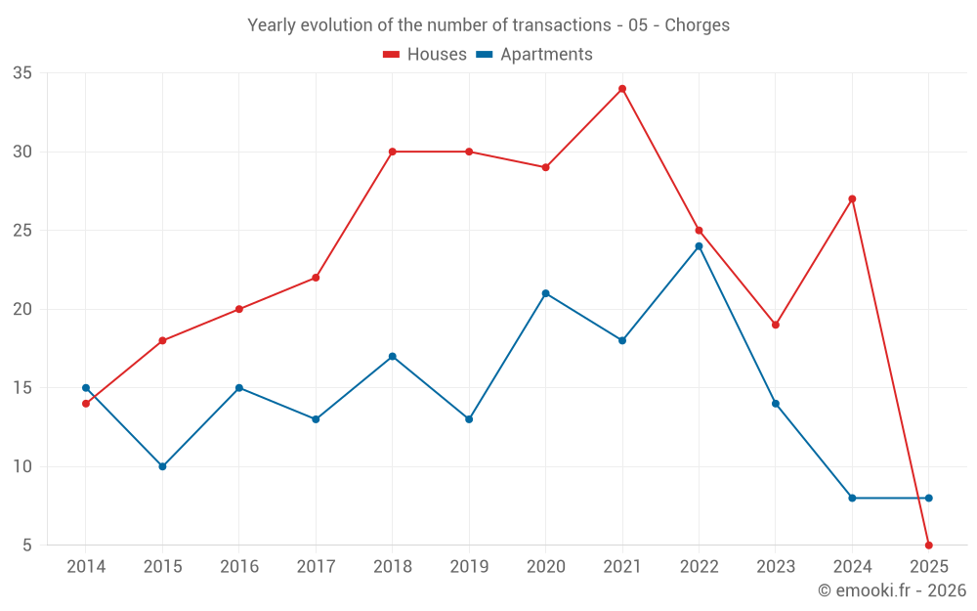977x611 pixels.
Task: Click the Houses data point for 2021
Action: [621, 89]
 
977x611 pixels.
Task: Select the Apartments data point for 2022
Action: [699, 246]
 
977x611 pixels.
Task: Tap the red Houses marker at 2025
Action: [928, 545]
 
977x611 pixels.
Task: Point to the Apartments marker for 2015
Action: [162, 466]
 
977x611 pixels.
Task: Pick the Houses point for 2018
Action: [392, 152]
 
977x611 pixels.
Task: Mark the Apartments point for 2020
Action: [545, 293]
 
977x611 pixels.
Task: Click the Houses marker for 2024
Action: [852, 198]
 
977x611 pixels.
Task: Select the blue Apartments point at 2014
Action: [86, 388]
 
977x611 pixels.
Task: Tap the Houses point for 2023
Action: [775, 325]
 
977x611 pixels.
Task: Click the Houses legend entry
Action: [425, 55]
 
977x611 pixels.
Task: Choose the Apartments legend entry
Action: [534, 55]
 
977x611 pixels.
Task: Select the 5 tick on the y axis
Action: [27, 545]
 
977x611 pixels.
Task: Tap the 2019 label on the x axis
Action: [469, 567]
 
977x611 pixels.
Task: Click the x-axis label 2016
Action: [239, 567]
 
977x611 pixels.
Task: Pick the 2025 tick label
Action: [928, 567]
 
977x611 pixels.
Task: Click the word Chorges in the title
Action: [697, 25]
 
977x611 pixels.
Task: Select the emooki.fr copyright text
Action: [892, 590]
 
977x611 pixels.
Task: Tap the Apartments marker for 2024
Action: [852, 498]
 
